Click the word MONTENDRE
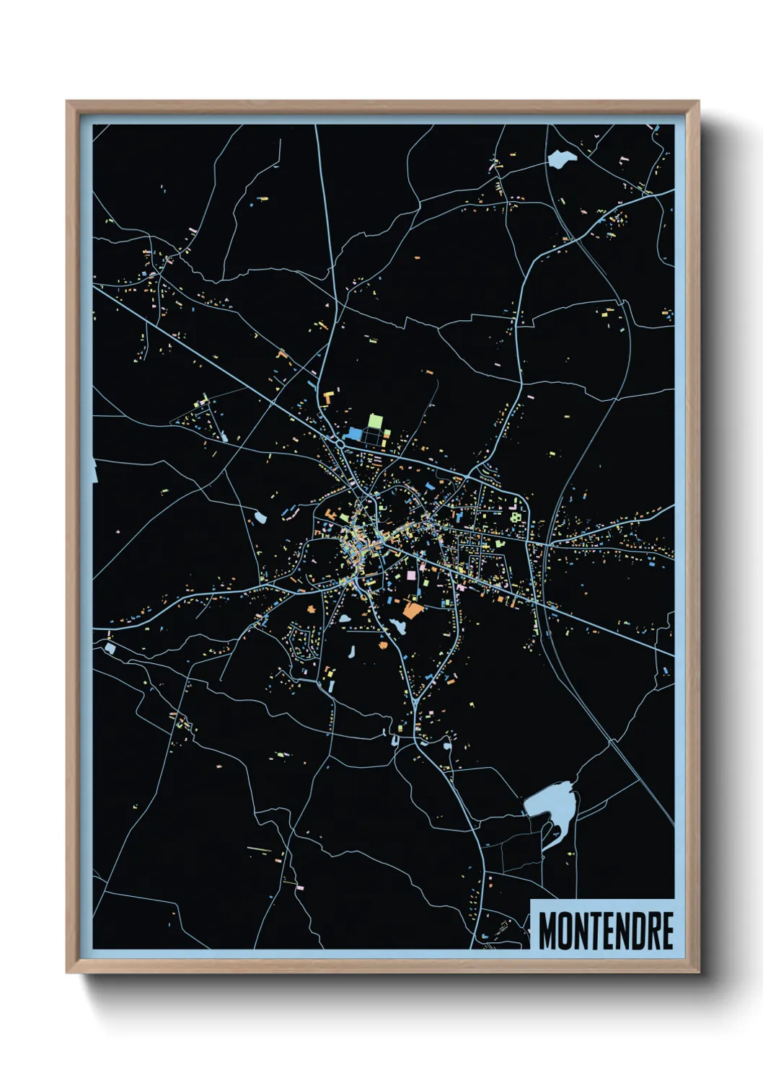606,931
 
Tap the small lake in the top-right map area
560,159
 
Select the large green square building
376,420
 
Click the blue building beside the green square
355,434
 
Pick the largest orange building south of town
412,611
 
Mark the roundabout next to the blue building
340,441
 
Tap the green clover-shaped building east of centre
515,516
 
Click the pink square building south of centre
412,575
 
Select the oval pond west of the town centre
260,517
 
